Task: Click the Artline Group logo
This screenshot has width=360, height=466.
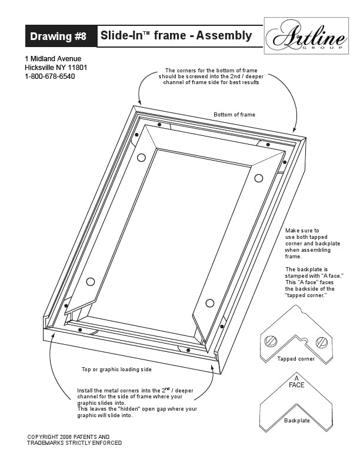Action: point(306,36)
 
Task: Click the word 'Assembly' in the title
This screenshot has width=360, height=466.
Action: point(224,35)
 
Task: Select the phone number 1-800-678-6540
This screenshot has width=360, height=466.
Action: point(49,76)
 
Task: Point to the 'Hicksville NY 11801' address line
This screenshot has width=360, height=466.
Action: point(56,68)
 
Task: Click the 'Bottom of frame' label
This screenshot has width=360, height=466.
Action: point(234,114)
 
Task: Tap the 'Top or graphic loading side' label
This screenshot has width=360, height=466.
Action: point(116,370)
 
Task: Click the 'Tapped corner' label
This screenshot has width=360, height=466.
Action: point(296,359)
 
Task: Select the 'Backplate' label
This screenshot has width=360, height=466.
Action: point(296,421)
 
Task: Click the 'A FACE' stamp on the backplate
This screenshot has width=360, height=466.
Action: point(296,382)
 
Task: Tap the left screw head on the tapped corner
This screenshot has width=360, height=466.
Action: point(271,341)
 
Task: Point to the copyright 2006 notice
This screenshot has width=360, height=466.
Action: point(75,440)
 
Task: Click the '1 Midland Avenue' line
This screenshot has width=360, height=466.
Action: point(53,59)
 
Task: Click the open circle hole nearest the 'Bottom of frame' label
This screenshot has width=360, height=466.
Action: point(259,178)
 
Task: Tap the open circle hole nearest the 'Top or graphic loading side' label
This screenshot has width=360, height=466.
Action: point(91,281)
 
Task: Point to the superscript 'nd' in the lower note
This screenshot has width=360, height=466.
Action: point(168,388)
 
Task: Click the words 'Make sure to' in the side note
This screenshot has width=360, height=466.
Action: point(302,230)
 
